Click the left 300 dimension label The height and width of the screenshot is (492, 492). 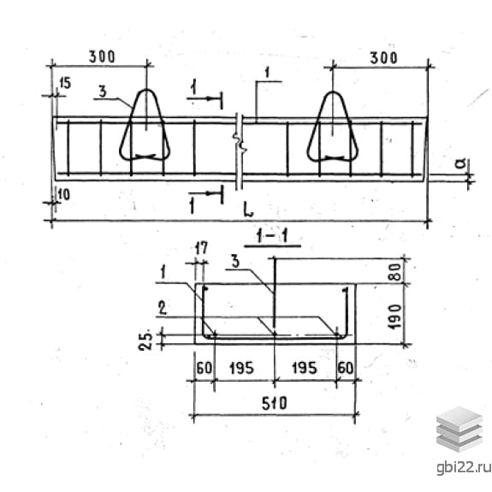point(103,56)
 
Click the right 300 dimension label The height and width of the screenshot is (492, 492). point(383,58)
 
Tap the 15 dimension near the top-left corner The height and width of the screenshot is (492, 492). point(65,84)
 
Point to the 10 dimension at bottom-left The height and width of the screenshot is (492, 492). point(63,195)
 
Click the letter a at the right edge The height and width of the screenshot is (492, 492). point(461,163)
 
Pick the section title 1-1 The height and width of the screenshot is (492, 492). point(272,236)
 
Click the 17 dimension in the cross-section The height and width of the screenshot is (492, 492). point(201,248)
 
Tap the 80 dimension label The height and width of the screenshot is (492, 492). point(395,272)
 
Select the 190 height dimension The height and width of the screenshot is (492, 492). point(395,317)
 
